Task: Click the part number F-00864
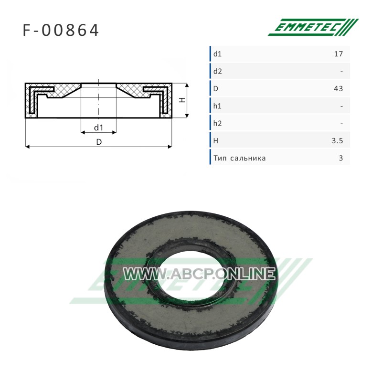point(61,30)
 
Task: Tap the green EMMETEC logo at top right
point(313,27)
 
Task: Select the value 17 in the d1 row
point(339,53)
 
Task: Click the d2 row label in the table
point(218,71)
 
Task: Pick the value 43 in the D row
point(339,88)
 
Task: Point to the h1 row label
point(217,106)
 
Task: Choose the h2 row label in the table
point(218,123)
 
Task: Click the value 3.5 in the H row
point(338,140)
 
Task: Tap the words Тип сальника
point(240,158)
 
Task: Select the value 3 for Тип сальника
point(341,158)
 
